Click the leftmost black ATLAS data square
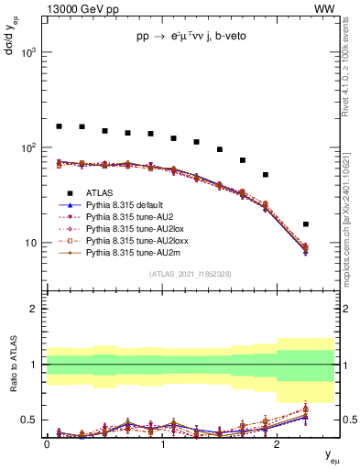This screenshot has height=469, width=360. pos(60,126)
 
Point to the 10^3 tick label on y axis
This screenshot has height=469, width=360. pos(27,52)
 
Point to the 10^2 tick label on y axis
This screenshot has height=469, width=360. pos(27,147)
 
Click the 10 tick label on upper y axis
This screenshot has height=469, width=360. pos(31,243)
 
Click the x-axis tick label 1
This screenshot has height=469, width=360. pos(162,445)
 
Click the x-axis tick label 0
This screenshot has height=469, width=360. pos(47,445)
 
